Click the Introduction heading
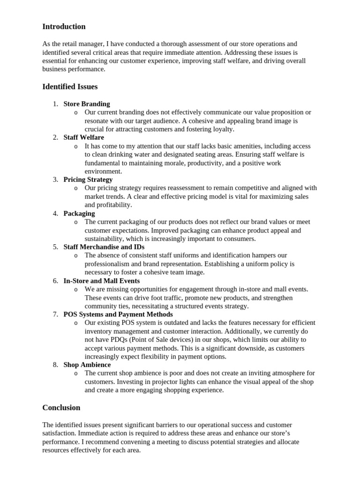pos(64,27)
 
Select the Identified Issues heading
pos(70,87)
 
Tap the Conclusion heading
pos(61,407)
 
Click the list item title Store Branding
pos(87,104)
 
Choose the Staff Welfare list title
pos(84,137)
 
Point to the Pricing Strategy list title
pos(88,180)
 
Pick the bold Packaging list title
pos(79,213)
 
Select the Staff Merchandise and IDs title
pos(104,247)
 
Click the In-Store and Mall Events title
pos(102,281)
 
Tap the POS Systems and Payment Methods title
pos(118,315)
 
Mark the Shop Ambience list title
pos(87,365)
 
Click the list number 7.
pos(55,315)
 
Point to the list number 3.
pos(55,180)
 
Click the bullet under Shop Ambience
pos(76,374)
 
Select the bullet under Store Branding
pos(76,112)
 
